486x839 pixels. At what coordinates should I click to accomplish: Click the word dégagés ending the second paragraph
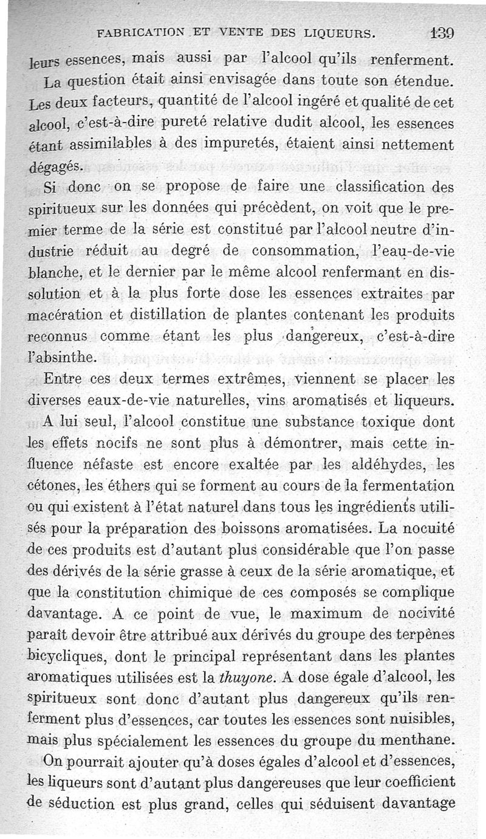click(x=55, y=166)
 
